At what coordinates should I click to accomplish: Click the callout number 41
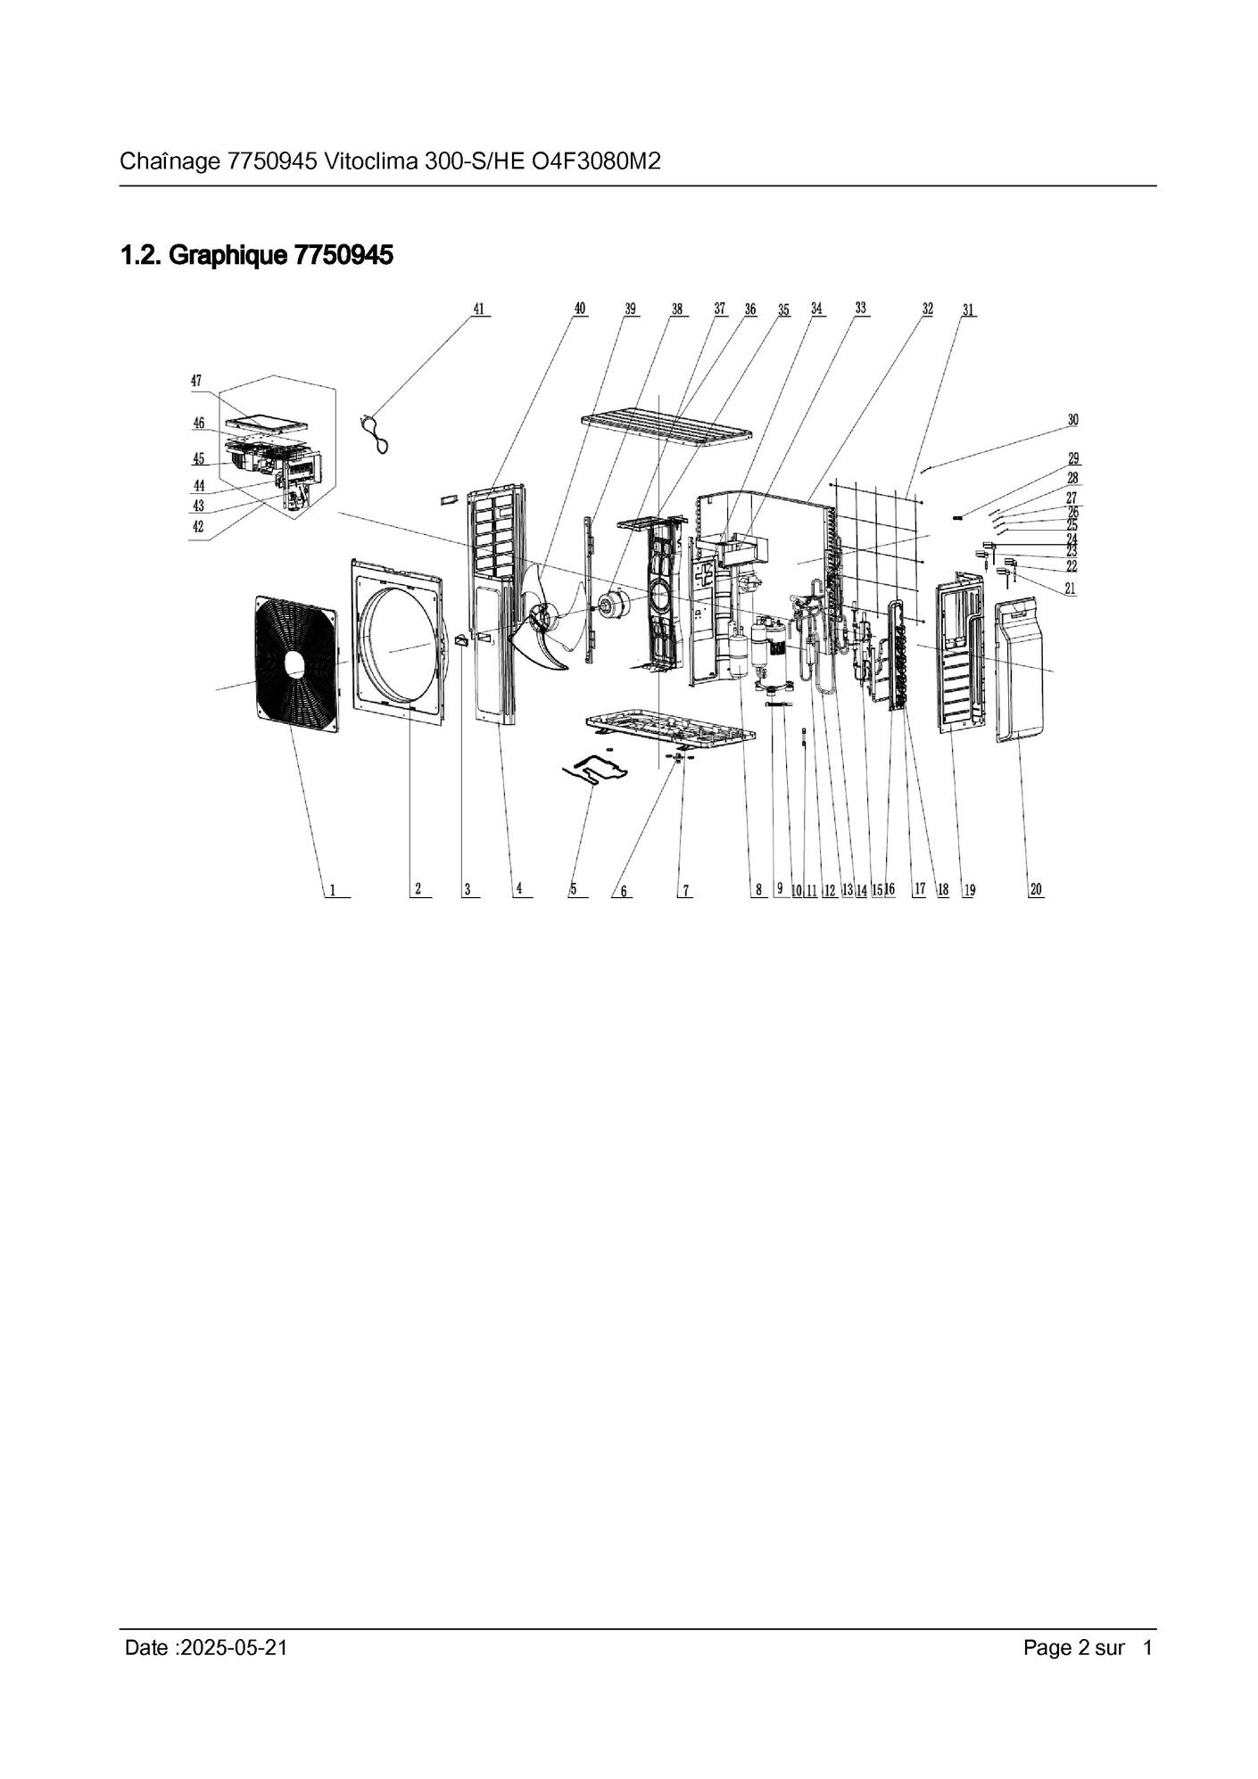tap(479, 309)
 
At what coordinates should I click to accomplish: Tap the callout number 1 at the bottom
tap(332, 889)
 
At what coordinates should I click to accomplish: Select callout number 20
tap(1036, 889)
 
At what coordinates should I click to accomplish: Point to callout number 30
tap(1072, 419)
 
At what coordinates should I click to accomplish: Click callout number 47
tap(196, 381)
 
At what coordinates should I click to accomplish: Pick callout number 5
tap(574, 888)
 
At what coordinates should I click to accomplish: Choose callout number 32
tap(928, 309)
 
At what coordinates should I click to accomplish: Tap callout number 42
tap(198, 527)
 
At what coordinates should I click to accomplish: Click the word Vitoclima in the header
tap(372, 162)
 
